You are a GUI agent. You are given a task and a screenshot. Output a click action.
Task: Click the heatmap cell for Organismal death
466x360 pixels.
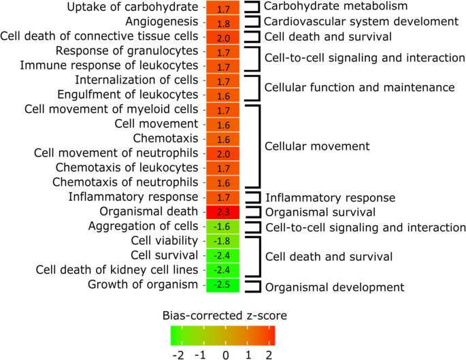pyautogui.click(x=223, y=212)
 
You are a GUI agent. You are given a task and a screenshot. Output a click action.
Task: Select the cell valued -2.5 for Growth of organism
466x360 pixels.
pyautogui.click(x=223, y=284)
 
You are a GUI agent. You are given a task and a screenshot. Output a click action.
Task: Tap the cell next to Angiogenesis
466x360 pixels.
pyautogui.click(x=223, y=23)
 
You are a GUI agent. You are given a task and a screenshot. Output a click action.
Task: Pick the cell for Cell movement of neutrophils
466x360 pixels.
pyautogui.click(x=223, y=154)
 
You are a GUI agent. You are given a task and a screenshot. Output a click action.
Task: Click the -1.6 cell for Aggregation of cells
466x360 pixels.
pyautogui.click(x=223, y=227)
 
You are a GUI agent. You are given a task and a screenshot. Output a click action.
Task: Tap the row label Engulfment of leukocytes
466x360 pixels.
pyautogui.click(x=128, y=95)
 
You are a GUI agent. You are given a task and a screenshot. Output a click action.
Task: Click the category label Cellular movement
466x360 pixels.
pyautogui.click(x=316, y=146)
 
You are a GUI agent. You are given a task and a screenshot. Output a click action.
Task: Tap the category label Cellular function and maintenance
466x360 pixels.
pyautogui.click(x=359, y=88)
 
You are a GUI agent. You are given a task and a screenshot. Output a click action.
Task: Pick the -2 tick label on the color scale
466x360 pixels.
pyautogui.click(x=179, y=355)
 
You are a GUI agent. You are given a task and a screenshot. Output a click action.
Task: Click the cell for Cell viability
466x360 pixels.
pyautogui.click(x=223, y=241)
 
